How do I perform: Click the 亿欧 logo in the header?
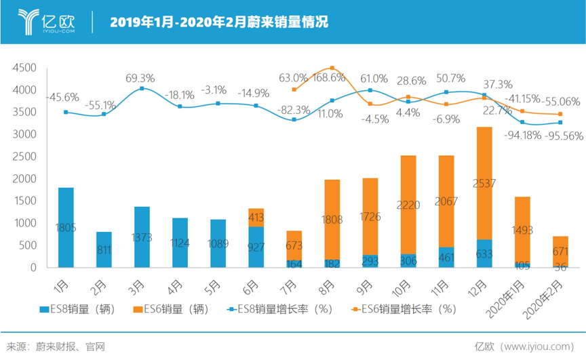tap(48, 21)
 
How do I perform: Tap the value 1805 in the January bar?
tap(66, 228)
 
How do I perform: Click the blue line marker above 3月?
tap(142, 88)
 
